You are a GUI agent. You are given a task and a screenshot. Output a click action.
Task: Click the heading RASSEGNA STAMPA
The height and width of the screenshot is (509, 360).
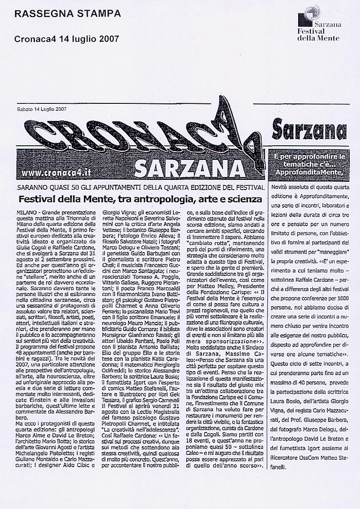(x=67, y=14)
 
